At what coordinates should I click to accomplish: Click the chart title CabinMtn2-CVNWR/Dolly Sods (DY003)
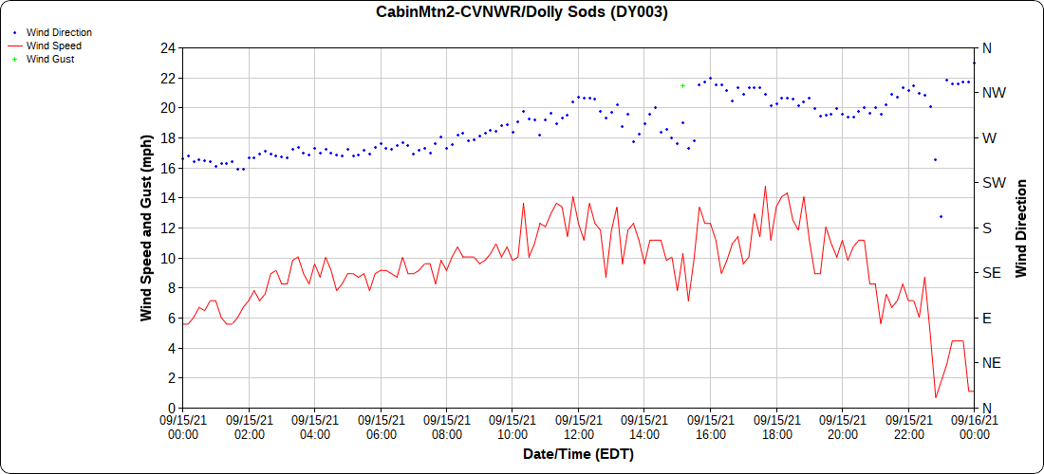(522, 12)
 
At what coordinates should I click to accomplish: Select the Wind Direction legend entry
(59, 32)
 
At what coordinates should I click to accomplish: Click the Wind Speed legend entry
(53, 46)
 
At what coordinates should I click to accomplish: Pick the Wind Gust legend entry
(50, 59)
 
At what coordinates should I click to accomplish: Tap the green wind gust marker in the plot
(682, 85)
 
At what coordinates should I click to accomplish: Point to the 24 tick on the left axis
(168, 47)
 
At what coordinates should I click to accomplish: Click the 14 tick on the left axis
(168, 197)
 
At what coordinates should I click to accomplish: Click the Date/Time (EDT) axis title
(578, 454)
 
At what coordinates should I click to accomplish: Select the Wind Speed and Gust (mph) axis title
(146, 228)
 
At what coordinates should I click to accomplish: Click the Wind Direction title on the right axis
(1021, 228)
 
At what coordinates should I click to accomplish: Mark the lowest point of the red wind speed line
(936, 397)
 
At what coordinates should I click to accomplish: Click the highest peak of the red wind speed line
(765, 187)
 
